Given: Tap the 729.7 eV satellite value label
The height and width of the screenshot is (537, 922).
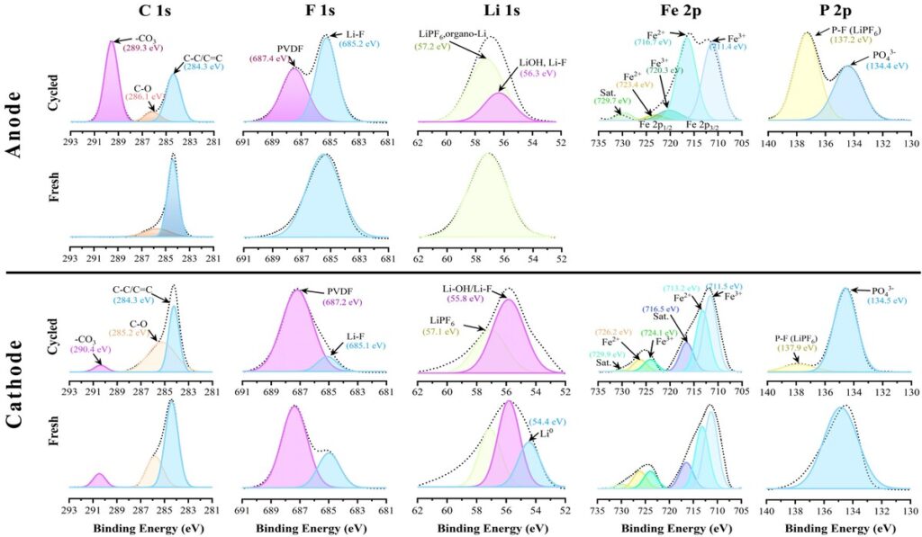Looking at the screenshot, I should coord(610,101).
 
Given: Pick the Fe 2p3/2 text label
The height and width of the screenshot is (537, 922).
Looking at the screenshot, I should coord(702,124).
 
